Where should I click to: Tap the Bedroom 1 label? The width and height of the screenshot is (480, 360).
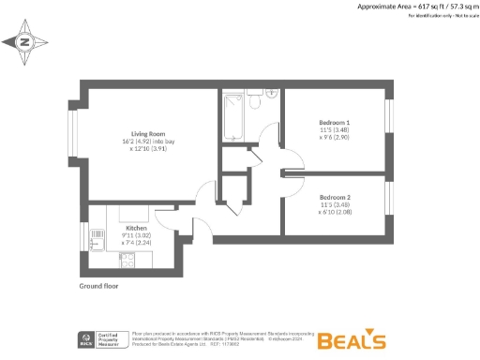pos(334,123)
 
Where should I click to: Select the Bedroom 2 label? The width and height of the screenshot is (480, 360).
pos(334,197)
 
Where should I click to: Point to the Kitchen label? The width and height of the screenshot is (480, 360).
pos(137,227)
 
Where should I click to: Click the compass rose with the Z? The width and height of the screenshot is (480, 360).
pos(26,41)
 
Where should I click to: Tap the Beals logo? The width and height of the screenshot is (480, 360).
pos(352,339)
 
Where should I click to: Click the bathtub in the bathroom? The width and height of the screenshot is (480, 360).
pos(232,118)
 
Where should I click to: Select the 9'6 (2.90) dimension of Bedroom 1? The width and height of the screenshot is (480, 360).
pos(335,138)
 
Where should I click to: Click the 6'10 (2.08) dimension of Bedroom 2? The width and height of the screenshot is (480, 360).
pos(335,212)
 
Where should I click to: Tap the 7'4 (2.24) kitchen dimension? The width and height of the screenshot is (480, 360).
pos(137,242)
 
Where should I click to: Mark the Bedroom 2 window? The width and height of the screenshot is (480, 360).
pos(386,201)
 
